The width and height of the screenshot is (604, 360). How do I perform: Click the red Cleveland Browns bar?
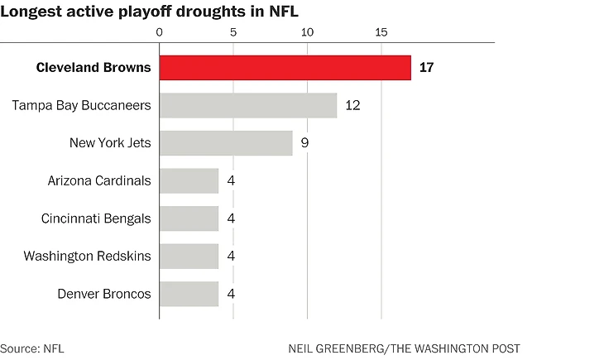coord(285,68)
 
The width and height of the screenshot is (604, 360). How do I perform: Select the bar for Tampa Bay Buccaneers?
coord(248,105)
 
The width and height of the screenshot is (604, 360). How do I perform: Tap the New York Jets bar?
coord(226,142)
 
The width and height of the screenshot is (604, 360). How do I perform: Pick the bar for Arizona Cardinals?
coord(189,180)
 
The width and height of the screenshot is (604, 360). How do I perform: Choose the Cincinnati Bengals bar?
coord(189,218)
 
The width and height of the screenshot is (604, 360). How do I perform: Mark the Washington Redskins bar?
coord(189,256)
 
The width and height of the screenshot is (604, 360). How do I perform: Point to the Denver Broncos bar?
coord(189,294)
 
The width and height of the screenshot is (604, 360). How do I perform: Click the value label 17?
coord(426,68)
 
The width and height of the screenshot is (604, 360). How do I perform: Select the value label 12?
coord(352,105)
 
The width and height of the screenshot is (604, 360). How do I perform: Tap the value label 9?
coord(304,142)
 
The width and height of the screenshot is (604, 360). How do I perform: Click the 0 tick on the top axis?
coord(160,32)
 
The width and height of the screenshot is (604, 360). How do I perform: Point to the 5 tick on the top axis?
coord(233,32)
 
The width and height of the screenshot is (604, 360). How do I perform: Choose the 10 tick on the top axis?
coord(307,32)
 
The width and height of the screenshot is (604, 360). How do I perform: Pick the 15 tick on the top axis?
coord(381,32)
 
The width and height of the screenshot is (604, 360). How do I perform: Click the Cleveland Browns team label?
coord(93,68)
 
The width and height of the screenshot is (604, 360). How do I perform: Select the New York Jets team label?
coord(110,142)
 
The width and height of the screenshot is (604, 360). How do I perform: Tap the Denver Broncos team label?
coord(104,294)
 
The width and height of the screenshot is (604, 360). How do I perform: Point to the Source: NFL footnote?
coord(31,348)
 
